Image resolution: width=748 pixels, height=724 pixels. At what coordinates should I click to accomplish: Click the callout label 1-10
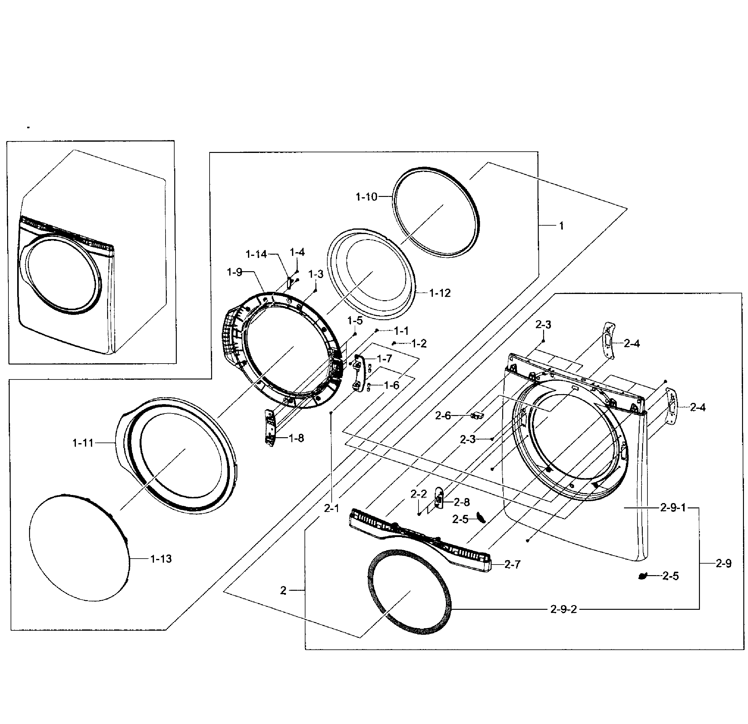click(x=366, y=197)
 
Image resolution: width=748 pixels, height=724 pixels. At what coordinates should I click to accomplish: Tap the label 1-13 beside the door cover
click(x=161, y=559)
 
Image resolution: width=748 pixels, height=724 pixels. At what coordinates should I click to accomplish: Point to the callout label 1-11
click(x=83, y=443)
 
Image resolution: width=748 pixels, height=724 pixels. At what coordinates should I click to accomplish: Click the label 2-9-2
click(x=563, y=609)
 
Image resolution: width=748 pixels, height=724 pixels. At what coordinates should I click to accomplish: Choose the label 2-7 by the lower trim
click(x=512, y=565)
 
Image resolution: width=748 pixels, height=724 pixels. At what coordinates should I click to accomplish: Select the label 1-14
click(x=256, y=254)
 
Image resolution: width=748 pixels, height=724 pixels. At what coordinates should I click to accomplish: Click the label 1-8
click(x=296, y=438)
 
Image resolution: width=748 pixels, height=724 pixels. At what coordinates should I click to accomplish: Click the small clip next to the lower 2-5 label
click(x=643, y=576)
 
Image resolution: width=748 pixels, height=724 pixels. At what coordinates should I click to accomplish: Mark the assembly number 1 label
click(x=561, y=226)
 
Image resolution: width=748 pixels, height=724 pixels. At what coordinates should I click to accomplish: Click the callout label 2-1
click(x=331, y=508)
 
